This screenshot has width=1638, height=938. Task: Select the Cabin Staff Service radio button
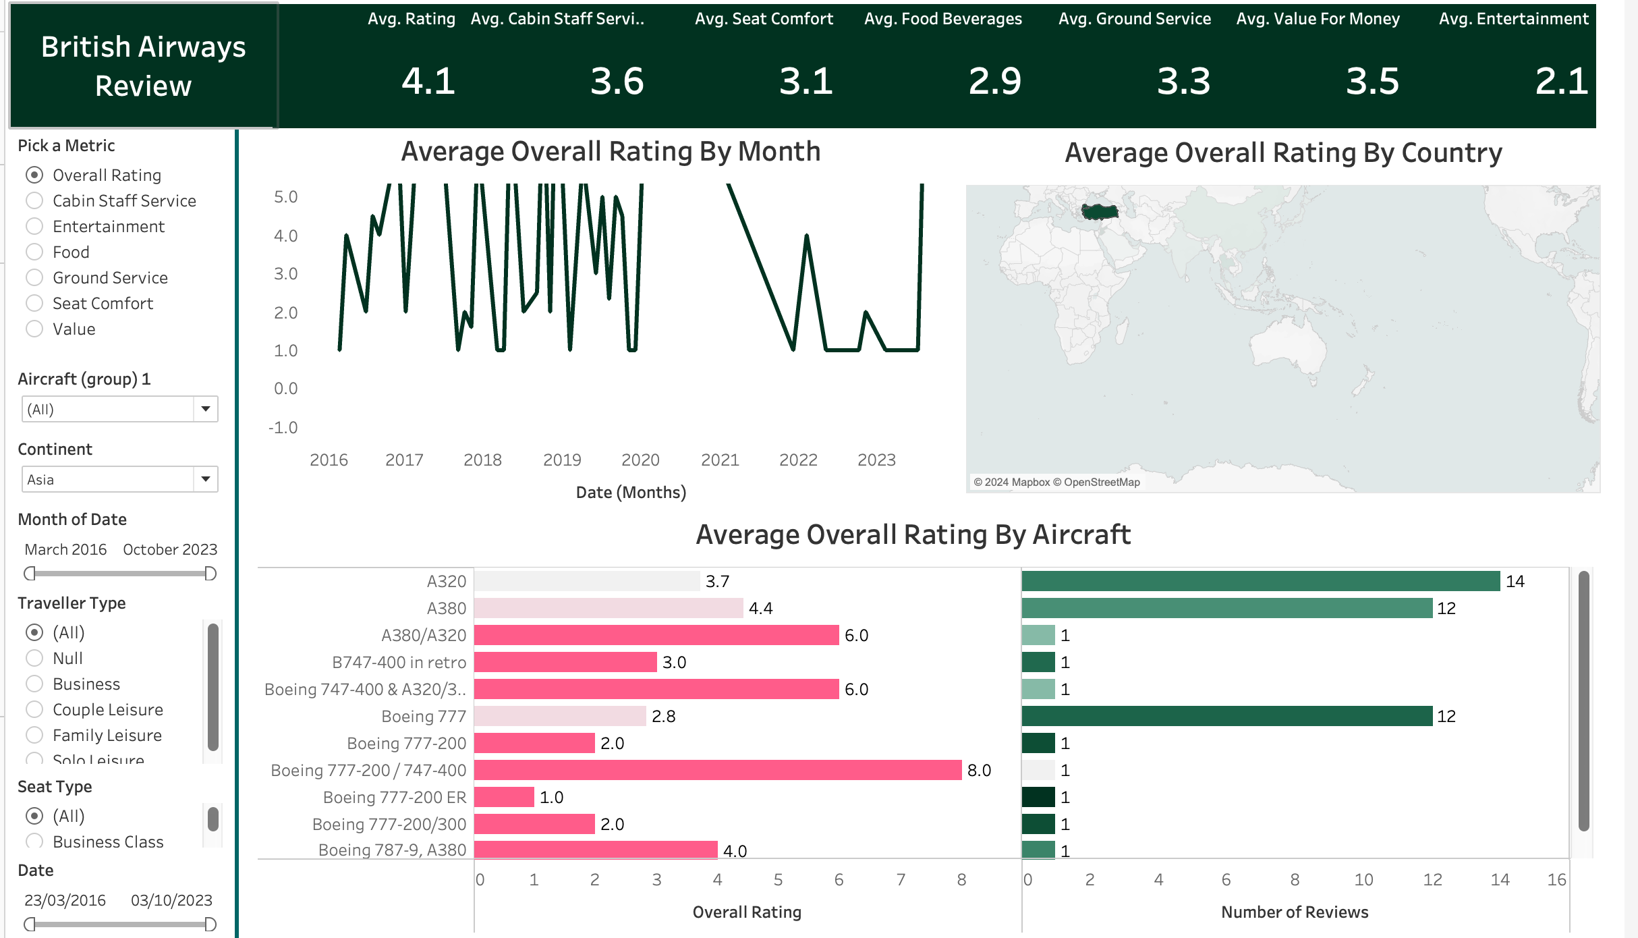point(34,200)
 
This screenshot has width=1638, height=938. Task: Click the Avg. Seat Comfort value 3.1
point(806,81)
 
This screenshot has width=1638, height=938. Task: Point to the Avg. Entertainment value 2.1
point(1560,81)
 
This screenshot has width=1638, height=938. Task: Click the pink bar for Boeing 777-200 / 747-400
point(717,770)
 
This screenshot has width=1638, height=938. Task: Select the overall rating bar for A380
point(608,608)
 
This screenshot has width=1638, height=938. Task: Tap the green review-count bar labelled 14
point(1260,581)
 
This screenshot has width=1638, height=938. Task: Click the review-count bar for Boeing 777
point(1226,716)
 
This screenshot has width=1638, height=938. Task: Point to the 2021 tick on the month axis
point(720,460)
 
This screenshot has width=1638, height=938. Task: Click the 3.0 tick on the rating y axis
point(285,273)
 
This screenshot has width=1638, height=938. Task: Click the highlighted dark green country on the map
point(1100,211)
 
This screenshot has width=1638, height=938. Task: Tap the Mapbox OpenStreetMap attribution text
point(1056,482)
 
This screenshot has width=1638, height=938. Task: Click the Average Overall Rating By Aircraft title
point(913,534)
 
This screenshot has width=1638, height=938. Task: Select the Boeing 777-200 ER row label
point(395,797)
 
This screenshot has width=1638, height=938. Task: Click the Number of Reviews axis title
point(1294,912)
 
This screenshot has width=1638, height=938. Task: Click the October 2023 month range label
point(170,549)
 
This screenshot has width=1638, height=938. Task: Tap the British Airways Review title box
point(143,66)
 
